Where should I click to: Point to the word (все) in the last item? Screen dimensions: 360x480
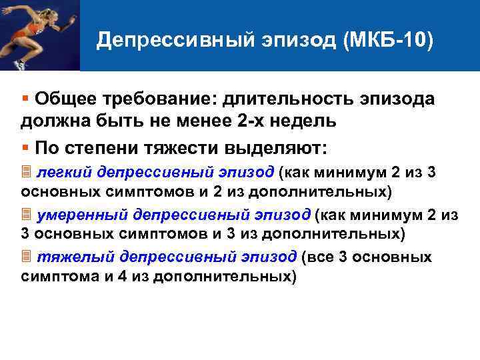[x=319, y=257]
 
